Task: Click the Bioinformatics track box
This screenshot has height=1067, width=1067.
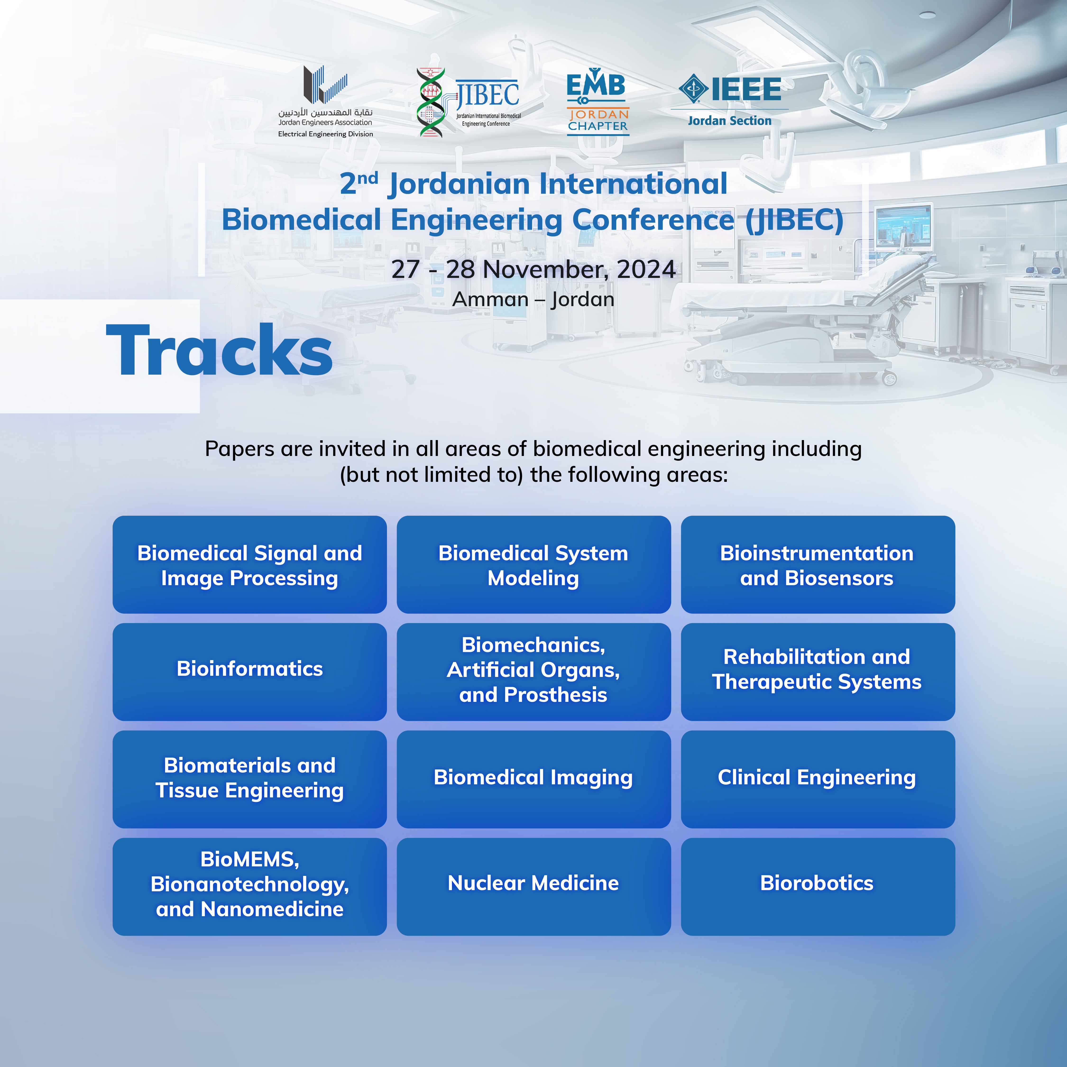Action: click(x=250, y=671)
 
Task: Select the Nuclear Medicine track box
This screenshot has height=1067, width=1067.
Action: click(x=533, y=886)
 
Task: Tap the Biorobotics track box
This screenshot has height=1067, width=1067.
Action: click(x=818, y=886)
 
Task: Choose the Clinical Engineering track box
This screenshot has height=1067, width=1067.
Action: click(x=818, y=779)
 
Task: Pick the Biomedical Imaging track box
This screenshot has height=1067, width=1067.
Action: click(x=533, y=779)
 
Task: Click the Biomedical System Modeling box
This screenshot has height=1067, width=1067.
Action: click(x=533, y=564)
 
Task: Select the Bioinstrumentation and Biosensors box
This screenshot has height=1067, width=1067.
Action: click(x=818, y=564)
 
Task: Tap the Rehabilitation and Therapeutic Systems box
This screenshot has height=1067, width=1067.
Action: click(x=818, y=671)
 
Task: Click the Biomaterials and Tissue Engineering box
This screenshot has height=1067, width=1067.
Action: click(x=250, y=779)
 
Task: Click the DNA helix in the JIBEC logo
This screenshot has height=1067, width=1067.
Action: click(x=431, y=103)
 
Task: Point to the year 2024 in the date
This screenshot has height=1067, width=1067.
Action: click(x=646, y=270)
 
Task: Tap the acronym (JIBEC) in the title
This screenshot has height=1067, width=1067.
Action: click(x=794, y=220)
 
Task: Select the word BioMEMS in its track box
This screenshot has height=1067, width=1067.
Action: click(x=250, y=859)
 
